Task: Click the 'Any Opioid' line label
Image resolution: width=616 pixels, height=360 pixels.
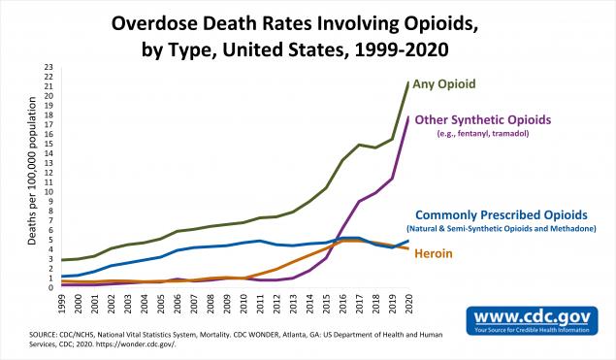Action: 451,84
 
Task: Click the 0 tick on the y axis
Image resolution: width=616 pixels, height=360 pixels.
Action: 50,288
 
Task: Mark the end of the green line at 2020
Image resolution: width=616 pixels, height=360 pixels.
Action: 407,82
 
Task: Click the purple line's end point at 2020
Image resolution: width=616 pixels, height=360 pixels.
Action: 407,118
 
